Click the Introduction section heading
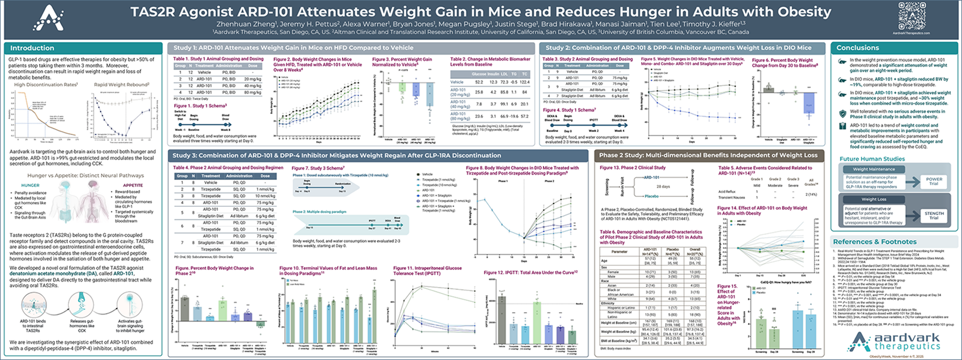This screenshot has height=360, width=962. [32, 48]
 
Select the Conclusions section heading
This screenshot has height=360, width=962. [857, 48]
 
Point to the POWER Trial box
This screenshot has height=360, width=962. [933, 181]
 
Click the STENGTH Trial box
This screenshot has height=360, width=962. [933, 215]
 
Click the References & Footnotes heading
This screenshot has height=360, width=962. [874, 241]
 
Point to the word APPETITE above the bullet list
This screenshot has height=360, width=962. [133, 185]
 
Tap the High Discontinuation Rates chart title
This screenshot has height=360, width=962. [46, 85]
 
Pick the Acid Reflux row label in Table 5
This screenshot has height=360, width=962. [727, 192]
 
